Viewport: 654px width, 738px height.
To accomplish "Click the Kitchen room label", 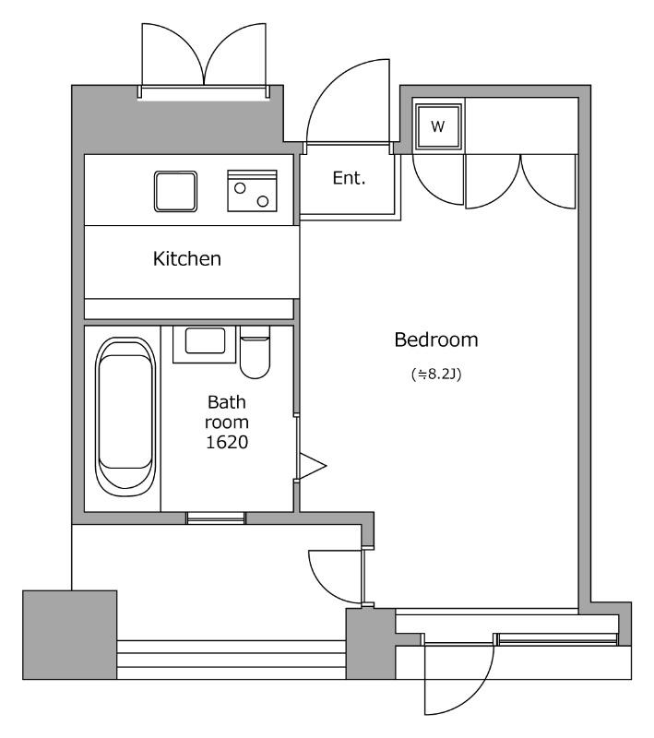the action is [186, 259].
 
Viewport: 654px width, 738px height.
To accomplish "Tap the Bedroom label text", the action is [436, 339].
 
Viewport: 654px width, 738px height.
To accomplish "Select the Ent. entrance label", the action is [349, 178].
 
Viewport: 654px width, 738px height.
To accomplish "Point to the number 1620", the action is [227, 443].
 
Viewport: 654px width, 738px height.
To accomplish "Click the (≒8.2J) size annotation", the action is [436, 375].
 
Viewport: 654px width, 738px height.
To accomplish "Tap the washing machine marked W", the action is [438, 126].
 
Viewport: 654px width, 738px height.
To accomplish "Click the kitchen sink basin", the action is [175, 191].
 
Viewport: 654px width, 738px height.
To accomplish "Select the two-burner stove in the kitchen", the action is [252, 191].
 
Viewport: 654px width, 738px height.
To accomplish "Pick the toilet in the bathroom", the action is [255, 352].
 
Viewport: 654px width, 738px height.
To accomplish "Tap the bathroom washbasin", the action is [205, 344].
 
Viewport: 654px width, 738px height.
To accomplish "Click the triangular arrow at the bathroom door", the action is [313, 467].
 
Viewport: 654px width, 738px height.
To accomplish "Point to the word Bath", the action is [227, 402].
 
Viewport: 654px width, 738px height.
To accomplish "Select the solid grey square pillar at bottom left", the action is [69, 635].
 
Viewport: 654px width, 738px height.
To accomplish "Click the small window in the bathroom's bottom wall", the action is [216, 518].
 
